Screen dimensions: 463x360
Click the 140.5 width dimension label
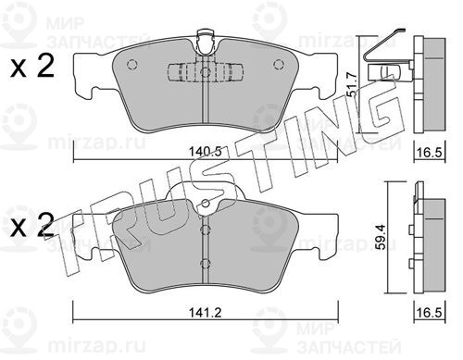click(206, 152)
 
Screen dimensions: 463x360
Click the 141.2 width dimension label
click(206, 313)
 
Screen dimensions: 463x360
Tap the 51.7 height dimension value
click(351, 84)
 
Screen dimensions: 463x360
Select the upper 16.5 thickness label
click(430, 153)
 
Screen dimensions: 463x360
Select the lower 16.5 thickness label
click(430, 313)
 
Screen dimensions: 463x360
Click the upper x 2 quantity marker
click(31, 67)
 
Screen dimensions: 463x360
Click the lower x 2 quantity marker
click(31, 226)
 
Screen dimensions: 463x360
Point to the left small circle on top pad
click(131, 64)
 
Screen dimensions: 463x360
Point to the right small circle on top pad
click(279, 64)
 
